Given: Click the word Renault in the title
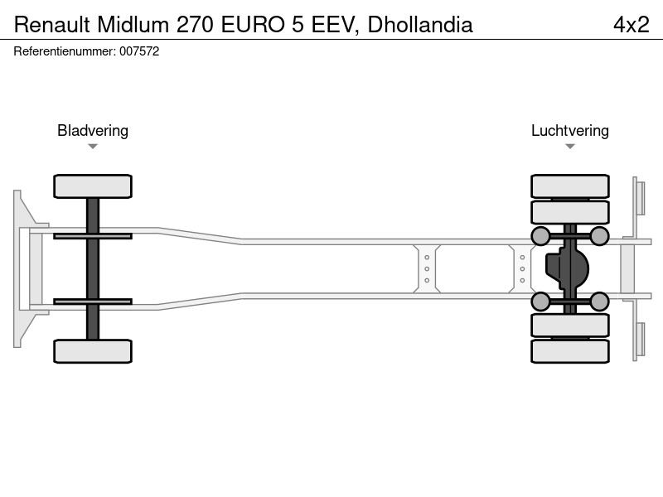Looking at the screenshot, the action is click(x=51, y=25).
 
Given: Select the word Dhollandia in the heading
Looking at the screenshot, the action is click(x=420, y=25).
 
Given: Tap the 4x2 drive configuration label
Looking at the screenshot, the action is click(x=631, y=25).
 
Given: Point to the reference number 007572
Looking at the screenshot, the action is click(x=139, y=51).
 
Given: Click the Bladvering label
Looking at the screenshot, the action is click(x=93, y=131).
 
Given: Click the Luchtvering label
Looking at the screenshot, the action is click(x=570, y=131).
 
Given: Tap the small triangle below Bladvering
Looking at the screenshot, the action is click(x=93, y=147).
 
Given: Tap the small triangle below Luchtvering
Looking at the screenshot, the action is click(x=570, y=147).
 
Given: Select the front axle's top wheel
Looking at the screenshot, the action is click(x=93, y=186).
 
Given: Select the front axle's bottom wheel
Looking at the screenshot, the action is click(x=93, y=351).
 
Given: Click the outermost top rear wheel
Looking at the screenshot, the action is click(x=570, y=186).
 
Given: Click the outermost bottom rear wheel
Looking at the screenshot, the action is click(x=570, y=351).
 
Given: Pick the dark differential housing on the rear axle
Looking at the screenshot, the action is click(x=567, y=268).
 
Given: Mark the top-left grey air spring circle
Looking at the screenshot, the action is click(x=540, y=236).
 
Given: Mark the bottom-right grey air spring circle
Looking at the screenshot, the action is click(x=599, y=302).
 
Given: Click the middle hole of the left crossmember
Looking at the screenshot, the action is click(x=427, y=268).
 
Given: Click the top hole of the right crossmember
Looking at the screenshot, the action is click(x=522, y=258).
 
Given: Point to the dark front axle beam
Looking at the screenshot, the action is click(x=93, y=268).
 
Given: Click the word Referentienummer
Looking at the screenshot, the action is click(x=65, y=51).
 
